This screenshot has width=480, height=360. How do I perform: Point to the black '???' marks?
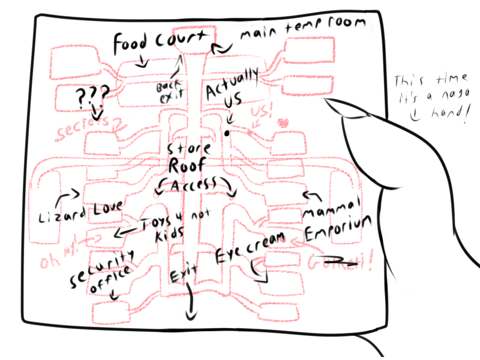[93, 96]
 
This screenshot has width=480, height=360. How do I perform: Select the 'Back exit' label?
[170, 91]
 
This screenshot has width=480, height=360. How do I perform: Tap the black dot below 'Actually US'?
[227, 133]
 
